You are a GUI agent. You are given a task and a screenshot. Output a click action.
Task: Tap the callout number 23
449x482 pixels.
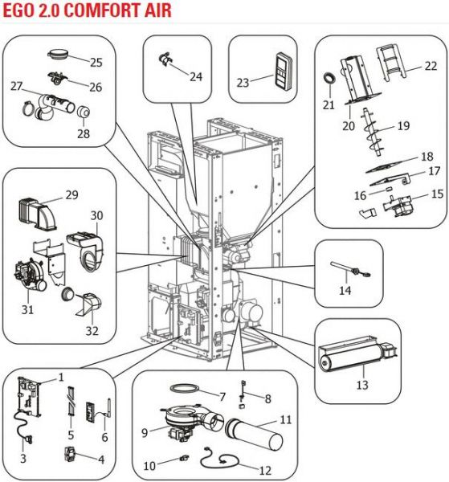243,83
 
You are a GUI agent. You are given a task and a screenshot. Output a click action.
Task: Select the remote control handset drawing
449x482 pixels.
284,71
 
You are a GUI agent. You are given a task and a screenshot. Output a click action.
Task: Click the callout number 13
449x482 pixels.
362,385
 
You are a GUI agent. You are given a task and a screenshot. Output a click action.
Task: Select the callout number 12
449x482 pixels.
266,470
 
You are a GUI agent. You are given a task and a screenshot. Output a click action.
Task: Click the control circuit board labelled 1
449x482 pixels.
29,397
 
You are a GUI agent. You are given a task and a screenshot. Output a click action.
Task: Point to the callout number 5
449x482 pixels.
71,435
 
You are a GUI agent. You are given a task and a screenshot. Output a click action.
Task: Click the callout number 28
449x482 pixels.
84,133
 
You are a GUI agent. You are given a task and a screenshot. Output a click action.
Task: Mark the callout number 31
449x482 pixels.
27,309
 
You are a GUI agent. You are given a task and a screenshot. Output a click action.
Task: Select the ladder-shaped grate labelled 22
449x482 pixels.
392,63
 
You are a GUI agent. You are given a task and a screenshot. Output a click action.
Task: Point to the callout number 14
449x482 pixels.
345,291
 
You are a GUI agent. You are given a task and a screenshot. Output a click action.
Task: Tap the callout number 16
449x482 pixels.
360,195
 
